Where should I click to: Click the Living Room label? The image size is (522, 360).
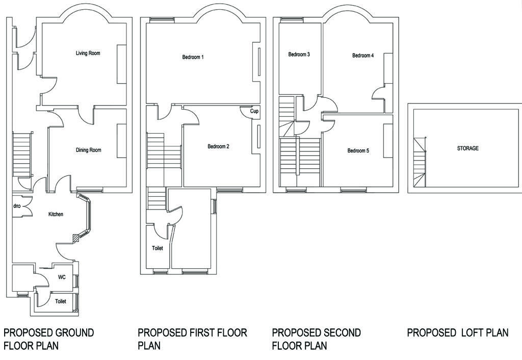88,53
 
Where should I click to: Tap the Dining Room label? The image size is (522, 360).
89,150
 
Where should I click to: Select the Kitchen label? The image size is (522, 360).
56,214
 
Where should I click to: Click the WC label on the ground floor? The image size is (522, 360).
62,277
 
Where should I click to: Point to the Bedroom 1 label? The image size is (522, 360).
193,57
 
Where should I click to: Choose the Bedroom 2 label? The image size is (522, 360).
218,146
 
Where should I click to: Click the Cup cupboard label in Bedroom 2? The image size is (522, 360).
254,111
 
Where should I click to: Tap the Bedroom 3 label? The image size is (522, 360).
299,54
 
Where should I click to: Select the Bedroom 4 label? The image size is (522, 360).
363,56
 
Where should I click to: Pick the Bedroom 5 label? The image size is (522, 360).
358,151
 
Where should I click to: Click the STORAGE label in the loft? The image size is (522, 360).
468,148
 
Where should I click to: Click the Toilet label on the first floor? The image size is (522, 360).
158,248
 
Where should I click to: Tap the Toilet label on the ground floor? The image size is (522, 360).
61,301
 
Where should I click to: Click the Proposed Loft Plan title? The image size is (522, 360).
458,332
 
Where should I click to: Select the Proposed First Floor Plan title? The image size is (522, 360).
192,339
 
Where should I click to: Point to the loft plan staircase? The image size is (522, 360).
420,163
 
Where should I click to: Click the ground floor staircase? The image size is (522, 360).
22,154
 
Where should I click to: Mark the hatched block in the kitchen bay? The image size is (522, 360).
77,238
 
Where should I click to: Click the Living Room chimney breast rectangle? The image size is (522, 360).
121,64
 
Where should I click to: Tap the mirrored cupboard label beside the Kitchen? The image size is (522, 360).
17,207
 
